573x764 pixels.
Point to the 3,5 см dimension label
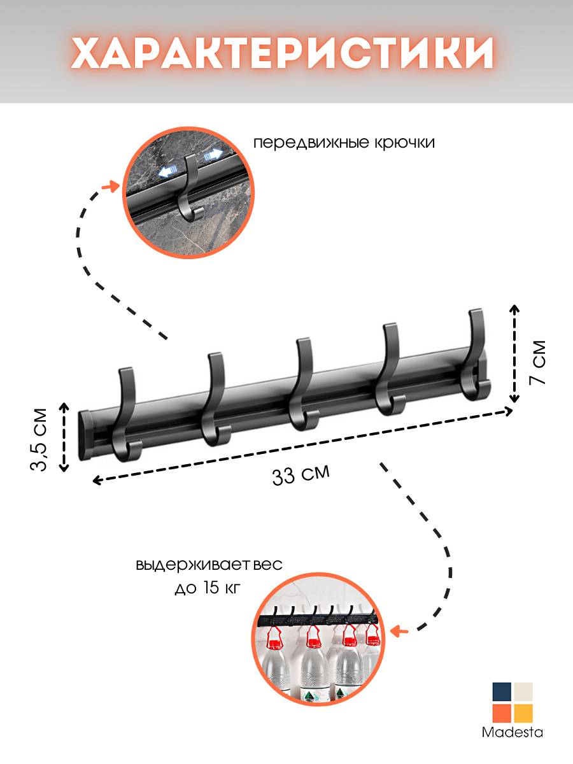(39, 439)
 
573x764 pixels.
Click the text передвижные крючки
(344, 143)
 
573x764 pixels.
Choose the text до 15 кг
(208, 588)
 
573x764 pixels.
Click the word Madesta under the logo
(512, 733)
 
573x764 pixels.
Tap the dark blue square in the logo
(502, 692)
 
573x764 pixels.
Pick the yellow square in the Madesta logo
(523, 713)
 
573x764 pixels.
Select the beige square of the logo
(523, 692)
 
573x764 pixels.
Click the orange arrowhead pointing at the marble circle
(114, 186)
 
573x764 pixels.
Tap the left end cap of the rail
(85, 436)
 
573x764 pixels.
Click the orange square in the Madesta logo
(502, 713)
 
